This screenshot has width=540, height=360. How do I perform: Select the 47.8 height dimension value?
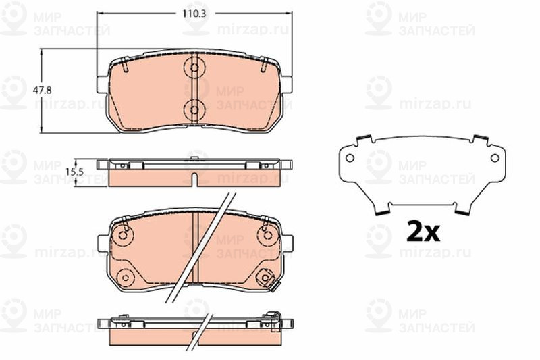pos(42,91)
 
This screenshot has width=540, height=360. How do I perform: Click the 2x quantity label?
pos(423,232)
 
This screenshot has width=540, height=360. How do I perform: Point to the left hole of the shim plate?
pos(350,158)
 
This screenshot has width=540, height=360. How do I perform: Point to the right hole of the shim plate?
pos(495,158)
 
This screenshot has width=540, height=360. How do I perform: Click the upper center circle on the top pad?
pos(194,68)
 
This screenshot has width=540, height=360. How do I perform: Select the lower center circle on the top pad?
pos(194,110)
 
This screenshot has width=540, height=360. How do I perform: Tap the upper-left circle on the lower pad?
pos(123,235)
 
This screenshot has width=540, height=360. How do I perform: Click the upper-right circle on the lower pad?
pos(267,235)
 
